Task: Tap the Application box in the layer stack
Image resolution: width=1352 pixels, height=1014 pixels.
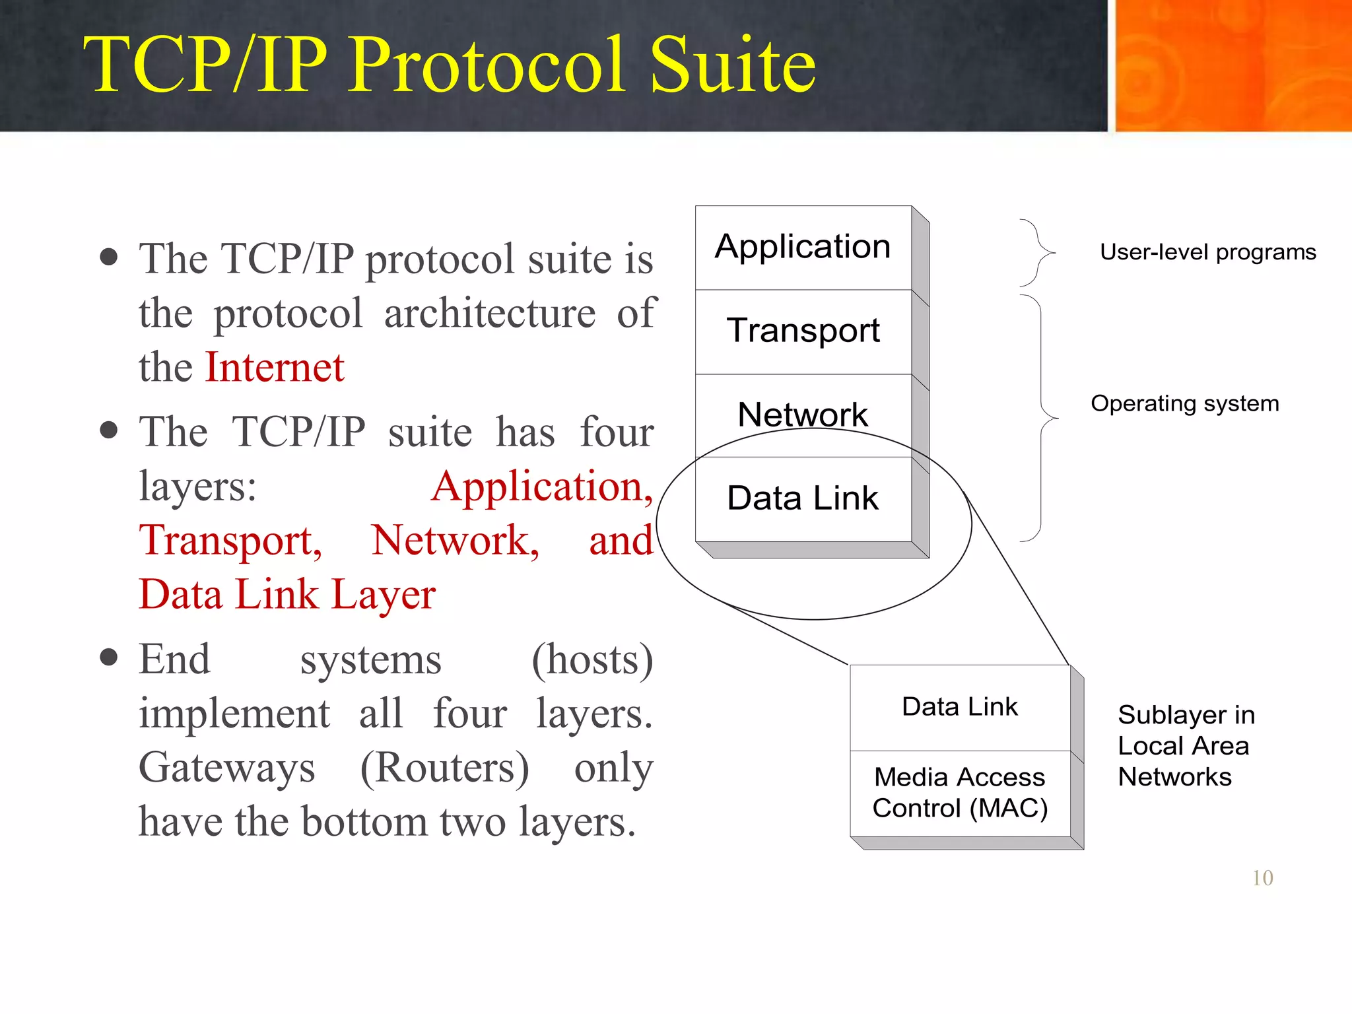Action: tap(803, 247)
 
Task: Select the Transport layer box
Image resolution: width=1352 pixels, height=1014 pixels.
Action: tap(803, 330)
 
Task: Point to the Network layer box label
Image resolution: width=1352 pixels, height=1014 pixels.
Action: tap(803, 415)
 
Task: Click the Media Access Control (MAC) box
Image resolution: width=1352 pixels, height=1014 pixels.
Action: tap(960, 793)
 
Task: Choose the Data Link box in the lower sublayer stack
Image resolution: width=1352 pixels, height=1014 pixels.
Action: tap(960, 707)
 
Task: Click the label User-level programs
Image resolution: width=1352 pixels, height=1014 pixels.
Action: tap(1207, 252)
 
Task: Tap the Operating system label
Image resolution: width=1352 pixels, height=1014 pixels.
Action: tap(1184, 403)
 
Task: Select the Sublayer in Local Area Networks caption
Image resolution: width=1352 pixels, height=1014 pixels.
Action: tap(1186, 746)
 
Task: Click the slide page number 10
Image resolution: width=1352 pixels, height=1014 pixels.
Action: tap(1262, 878)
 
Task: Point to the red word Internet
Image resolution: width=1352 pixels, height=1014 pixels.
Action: tap(275, 367)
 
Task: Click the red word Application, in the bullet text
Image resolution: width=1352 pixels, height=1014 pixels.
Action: tap(542, 487)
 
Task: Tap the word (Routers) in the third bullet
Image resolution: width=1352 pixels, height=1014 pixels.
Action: tap(444, 768)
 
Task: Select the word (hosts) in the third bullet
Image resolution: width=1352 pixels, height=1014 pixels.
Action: tap(592, 659)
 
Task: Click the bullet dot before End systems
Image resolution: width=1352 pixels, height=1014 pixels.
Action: tap(109, 658)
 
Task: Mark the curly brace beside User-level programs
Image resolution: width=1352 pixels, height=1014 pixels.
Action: tap(1038, 253)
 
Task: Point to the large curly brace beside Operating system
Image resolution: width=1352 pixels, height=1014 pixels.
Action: tap(1042, 419)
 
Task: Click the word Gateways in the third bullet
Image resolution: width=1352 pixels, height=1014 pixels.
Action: tap(227, 768)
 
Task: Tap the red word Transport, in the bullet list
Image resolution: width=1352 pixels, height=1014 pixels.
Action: tap(230, 541)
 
